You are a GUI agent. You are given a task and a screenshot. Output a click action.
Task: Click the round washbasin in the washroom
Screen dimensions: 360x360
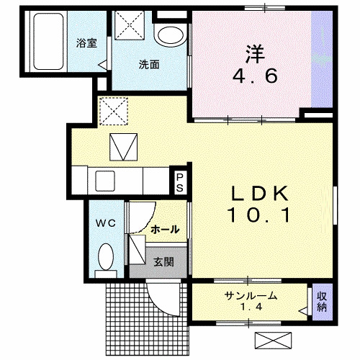point(170,35)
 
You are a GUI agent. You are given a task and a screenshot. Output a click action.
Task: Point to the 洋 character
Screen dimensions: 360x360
point(253,53)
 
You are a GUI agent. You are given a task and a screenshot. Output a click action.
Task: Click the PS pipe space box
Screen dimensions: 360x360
point(179,182)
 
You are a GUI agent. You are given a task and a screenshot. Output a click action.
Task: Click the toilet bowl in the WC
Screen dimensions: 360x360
point(106,256)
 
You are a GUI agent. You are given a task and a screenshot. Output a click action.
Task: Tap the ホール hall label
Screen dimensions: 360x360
point(165,229)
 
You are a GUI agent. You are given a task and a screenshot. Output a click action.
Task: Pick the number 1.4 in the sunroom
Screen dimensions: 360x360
point(251,308)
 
